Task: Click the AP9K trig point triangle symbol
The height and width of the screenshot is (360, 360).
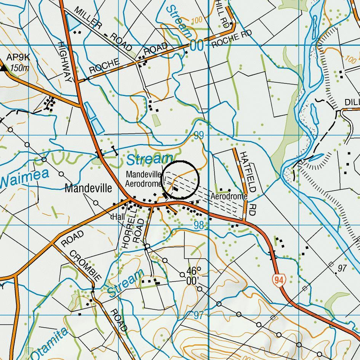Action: click(4, 68)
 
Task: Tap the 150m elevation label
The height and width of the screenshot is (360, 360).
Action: click(20, 68)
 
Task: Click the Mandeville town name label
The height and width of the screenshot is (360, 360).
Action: click(88, 188)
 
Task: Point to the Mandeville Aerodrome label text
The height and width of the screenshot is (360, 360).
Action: click(144, 179)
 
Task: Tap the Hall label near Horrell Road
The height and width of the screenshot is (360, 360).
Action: click(118, 217)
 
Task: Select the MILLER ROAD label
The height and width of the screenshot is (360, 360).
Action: click(103, 29)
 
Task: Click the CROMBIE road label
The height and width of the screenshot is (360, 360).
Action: click(85, 266)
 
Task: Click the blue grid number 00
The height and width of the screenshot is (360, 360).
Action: click(197, 46)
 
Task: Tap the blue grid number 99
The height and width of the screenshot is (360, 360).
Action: click(198, 135)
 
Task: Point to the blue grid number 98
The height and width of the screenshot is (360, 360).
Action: click(199, 225)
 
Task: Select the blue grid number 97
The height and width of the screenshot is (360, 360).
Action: click(198, 315)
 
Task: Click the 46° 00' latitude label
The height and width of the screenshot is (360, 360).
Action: click(194, 275)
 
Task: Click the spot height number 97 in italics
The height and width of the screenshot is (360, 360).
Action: click(342, 268)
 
